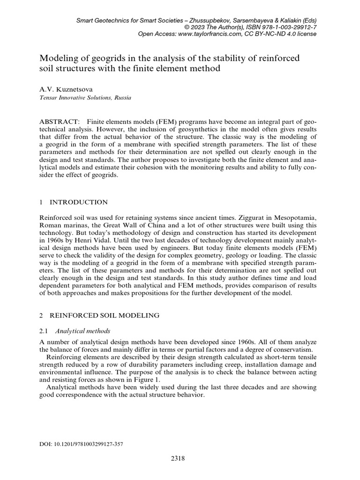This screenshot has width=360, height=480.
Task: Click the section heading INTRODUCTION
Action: [x=78, y=202]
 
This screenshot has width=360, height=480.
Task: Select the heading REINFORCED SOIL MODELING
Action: [x=104, y=315]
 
